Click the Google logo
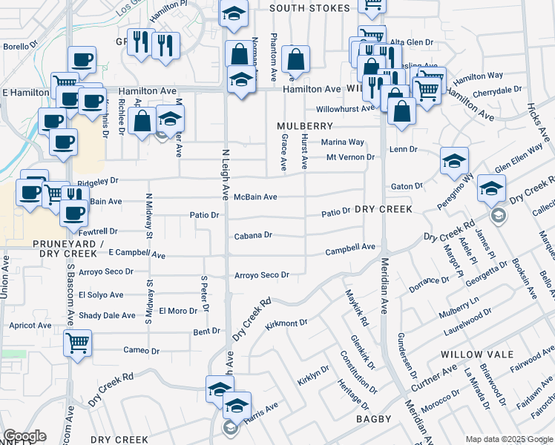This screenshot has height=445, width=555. tap(25, 436)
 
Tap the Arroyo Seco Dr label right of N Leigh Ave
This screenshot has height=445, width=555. tap(261, 275)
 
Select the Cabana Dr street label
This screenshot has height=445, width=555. tap(253, 235)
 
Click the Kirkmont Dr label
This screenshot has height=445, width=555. tap(286, 323)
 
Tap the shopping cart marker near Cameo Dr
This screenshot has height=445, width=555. tap(77, 343)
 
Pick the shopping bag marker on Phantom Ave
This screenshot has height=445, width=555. tap(295, 59)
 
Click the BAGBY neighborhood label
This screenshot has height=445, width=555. tap(373, 420)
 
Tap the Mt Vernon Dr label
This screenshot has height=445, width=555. tap(350, 157)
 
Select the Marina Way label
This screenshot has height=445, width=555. tap(342, 142)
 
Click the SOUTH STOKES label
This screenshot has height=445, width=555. tap(309, 8)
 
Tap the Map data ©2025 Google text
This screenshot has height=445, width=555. tap(508, 439)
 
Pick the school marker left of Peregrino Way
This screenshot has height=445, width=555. tap(454, 160)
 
